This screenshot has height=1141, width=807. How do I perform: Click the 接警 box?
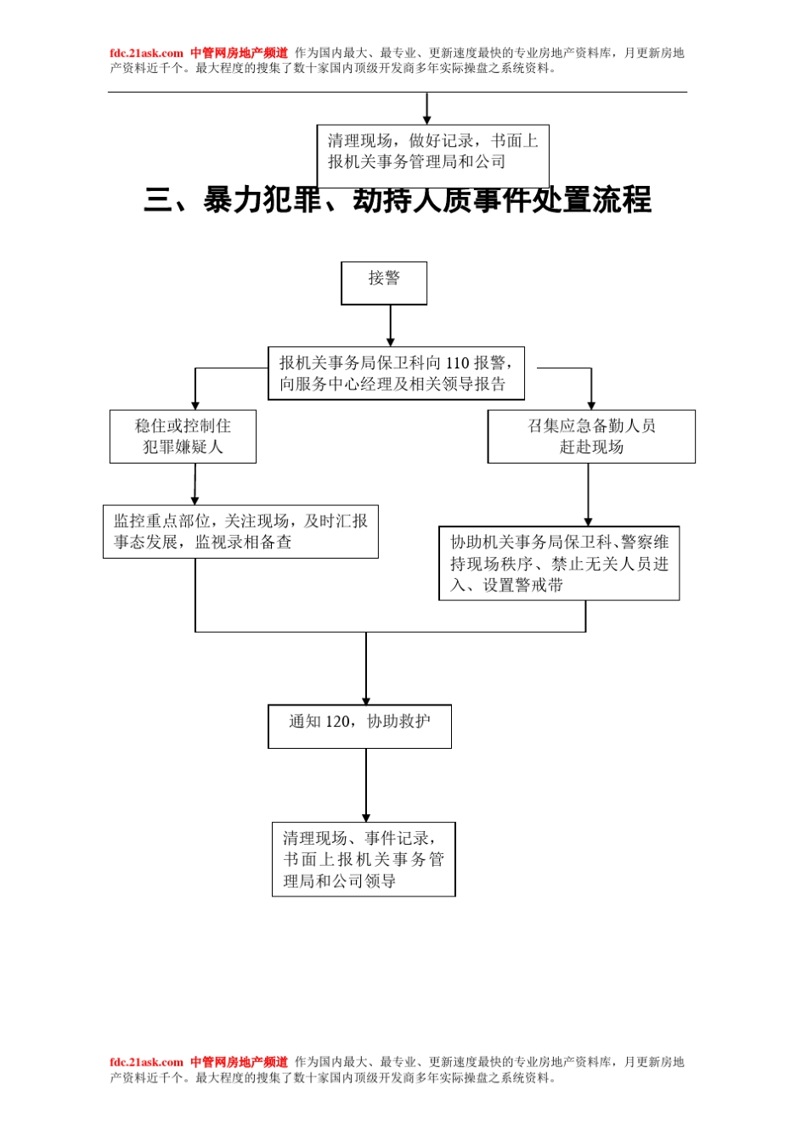pyautogui.click(x=384, y=283)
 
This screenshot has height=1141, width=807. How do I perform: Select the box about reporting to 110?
pyautogui.click(x=396, y=373)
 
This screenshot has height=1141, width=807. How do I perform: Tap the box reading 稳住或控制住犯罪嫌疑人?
pyautogui.click(x=183, y=436)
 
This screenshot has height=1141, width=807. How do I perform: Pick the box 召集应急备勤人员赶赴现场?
pyautogui.click(x=591, y=436)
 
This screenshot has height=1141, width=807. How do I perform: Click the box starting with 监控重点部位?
pyautogui.click(x=240, y=531)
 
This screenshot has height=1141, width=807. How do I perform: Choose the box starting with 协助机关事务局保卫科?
pyautogui.click(x=559, y=563)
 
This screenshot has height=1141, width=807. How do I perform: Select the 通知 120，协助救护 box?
pyautogui.click(x=359, y=726)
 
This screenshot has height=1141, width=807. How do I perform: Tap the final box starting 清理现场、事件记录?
pyautogui.click(x=364, y=859)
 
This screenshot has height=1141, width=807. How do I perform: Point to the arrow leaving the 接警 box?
pyautogui.click(x=391, y=325)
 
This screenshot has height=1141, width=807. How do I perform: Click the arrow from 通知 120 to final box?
pyautogui.click(x=366, y=785)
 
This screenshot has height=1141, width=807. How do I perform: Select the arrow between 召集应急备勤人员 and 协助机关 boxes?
pyautogui.click(x=588, y=495)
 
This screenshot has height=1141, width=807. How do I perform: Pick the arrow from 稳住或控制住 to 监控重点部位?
pyautogui.click(x=195, y=485)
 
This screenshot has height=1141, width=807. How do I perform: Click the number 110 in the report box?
pyautogui.click(x=458, y=363)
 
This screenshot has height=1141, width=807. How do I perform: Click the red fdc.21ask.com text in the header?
pyautogui.click(x=146, y=53)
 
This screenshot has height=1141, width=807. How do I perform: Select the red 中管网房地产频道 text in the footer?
pyautogui.click(x=239, y=1062)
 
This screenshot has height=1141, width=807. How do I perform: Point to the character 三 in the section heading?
pyautogui.click(x=159, y=200)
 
